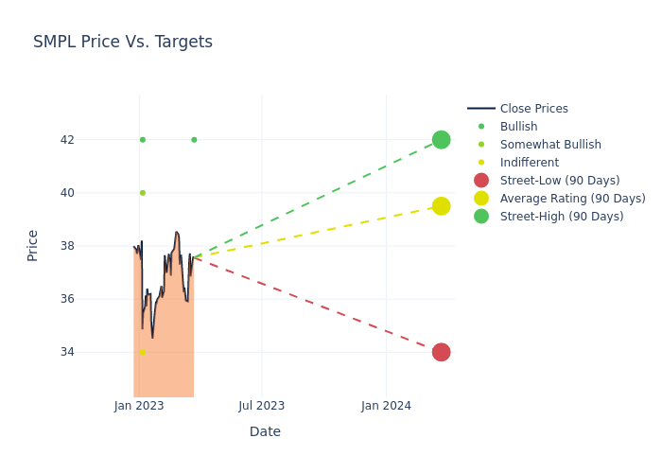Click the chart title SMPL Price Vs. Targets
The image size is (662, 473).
pyautogui.click(x=123, y=43)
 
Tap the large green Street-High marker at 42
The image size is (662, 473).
pyautogui.click(x=441, y=140)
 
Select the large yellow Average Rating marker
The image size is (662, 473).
pyautogui.click(x=441, y=206)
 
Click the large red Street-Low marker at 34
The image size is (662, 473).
pyautogui.click(x=441, y=352)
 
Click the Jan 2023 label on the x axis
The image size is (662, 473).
pyautogui.click(x=139, y=406)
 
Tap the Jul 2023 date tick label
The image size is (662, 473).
pyautogui.click(x=262, y=406)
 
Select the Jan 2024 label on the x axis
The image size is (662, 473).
pyautogui.click(x=386, y=406)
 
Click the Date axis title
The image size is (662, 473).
pyautogui.click(x=265, y=431)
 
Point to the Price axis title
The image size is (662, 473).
pyautogui.click(x=33, y=245)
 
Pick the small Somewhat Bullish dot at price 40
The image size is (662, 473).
pyautogui.click(x=143, y=193)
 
